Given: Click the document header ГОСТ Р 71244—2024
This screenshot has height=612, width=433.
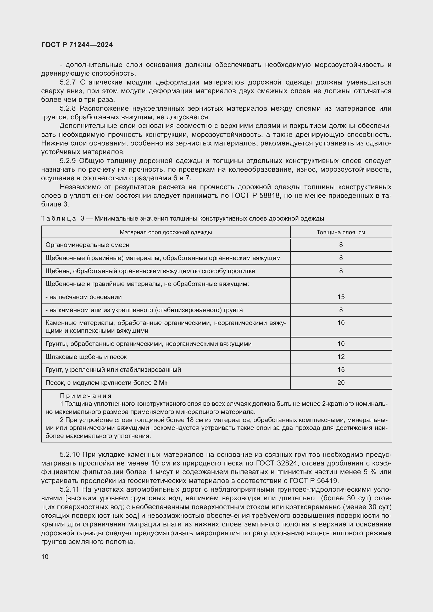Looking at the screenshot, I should coord(77,45).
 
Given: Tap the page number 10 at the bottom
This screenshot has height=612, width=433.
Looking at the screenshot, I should coord(45,557).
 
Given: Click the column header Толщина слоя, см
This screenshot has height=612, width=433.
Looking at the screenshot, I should coord(341,232).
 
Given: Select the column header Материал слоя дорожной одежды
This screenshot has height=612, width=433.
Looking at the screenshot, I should coord(165,232).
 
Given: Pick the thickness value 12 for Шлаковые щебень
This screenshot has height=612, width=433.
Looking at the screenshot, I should coord(341,357).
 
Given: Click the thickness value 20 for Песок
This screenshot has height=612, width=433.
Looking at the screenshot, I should coord(341,383).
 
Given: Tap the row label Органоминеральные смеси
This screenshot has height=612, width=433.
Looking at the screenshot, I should coord(87,245).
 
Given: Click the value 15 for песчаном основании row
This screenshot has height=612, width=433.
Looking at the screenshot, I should coord(341,297).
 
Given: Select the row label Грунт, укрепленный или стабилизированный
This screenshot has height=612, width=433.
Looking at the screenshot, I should coord(113,370).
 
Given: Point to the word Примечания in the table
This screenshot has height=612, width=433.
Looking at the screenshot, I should coord(86,396).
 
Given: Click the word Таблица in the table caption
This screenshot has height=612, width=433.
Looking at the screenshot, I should coord(59,218).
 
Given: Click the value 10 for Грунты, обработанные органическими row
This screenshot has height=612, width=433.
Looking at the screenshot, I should coord(341,344).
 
